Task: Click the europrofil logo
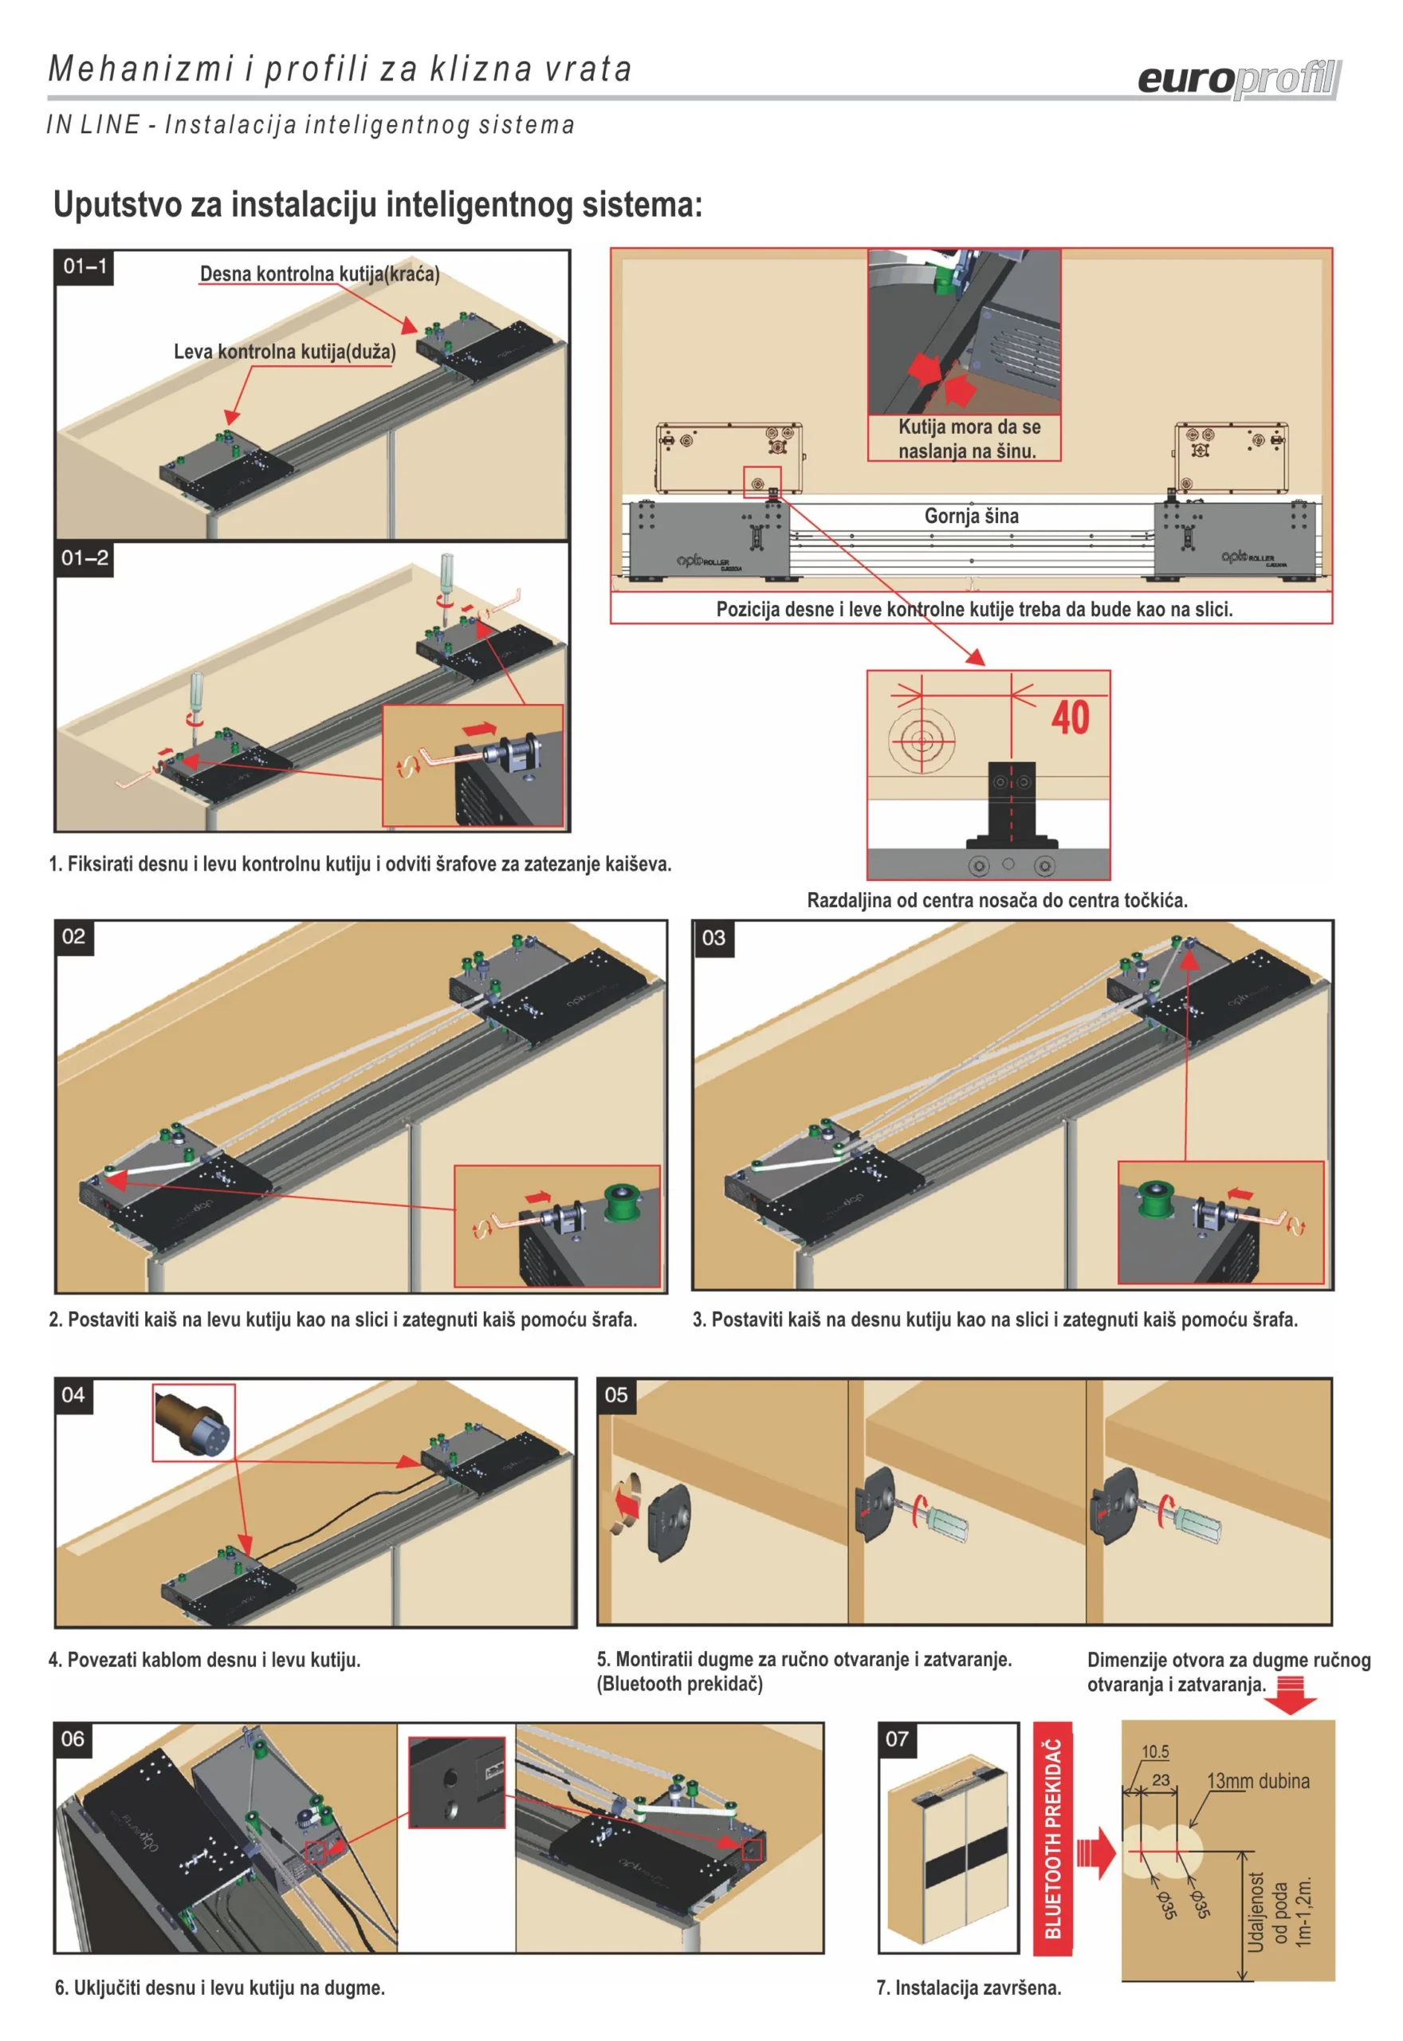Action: click(1240, 80)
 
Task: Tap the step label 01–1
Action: click(84, 266)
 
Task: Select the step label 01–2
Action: click(84, 558)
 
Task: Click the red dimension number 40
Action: click(1070, 718)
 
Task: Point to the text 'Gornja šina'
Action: click(972, 516)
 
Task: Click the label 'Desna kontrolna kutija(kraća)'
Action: click(320, 273)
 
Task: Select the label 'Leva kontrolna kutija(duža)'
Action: click(285, 352)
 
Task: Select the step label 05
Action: click(616, 1395)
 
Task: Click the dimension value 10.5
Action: click(1155, 1752)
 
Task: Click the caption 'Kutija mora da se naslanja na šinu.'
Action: click(969, 438)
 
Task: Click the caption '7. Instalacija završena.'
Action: click(969, 1988)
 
